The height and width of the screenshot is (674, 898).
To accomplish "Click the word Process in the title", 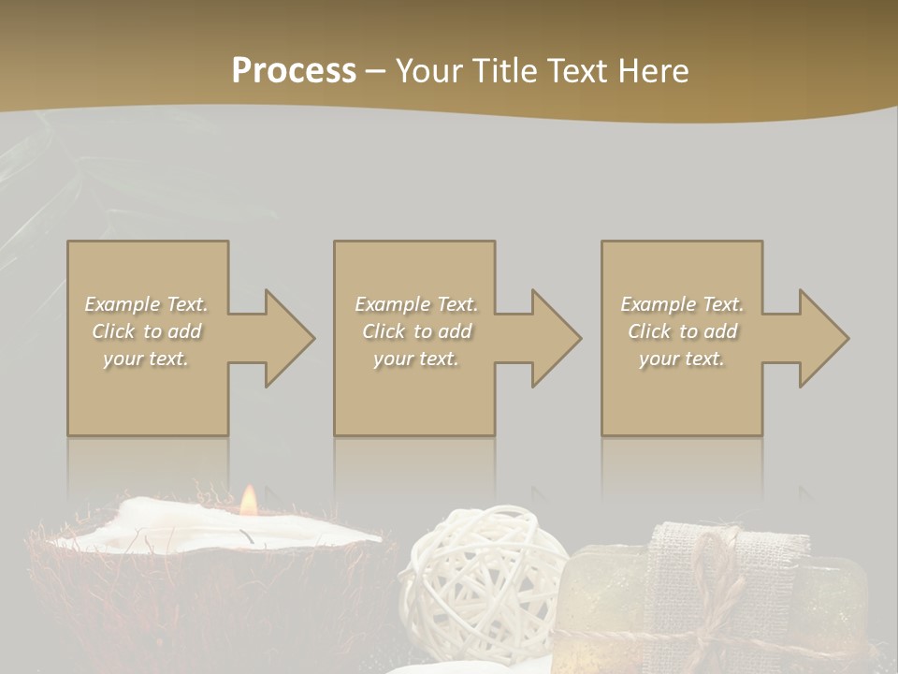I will [x=294, y=70].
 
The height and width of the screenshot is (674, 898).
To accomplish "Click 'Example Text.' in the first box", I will [x=147, y=304].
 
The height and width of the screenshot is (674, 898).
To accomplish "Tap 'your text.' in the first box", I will [x=147, y=359].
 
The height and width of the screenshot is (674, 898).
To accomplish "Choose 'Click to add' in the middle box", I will [x=416, y=331].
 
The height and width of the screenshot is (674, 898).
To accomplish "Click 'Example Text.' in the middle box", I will [x=416, y=304].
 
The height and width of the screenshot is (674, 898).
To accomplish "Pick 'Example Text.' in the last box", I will [x=682, y=304].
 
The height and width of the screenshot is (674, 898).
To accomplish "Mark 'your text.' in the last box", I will [x=682, y=359].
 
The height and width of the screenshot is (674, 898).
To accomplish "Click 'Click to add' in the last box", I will [x=682, y=331].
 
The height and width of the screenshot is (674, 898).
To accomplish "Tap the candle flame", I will [x=248, y=502].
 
